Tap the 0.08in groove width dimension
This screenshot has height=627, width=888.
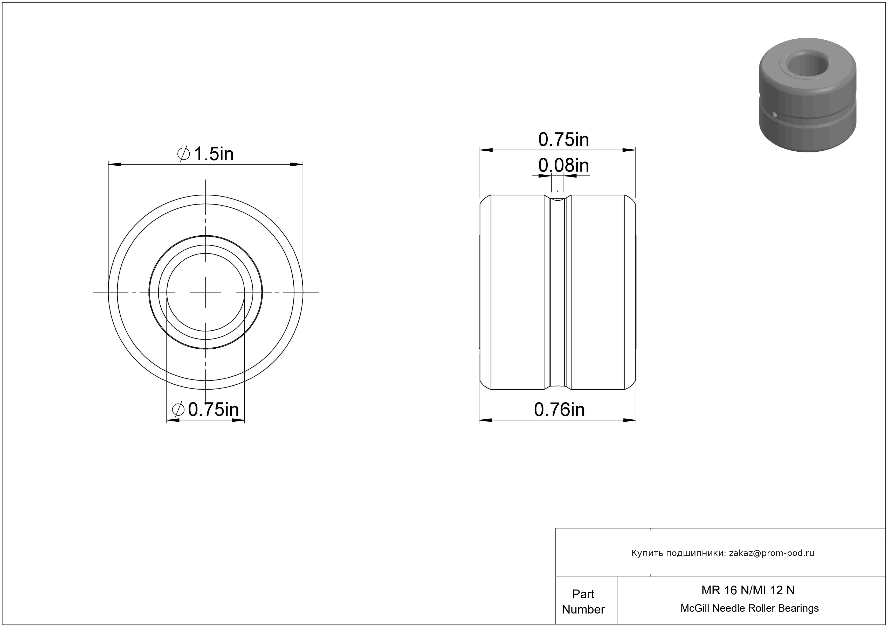coord(563,166)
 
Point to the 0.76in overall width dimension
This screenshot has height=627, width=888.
coord(559,410)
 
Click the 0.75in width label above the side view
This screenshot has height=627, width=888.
coord(563,139)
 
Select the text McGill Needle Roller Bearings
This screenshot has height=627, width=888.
coord(749,608)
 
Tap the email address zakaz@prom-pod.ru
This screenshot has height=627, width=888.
coord(772,553)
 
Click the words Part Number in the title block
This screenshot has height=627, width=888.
coord(583,602)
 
